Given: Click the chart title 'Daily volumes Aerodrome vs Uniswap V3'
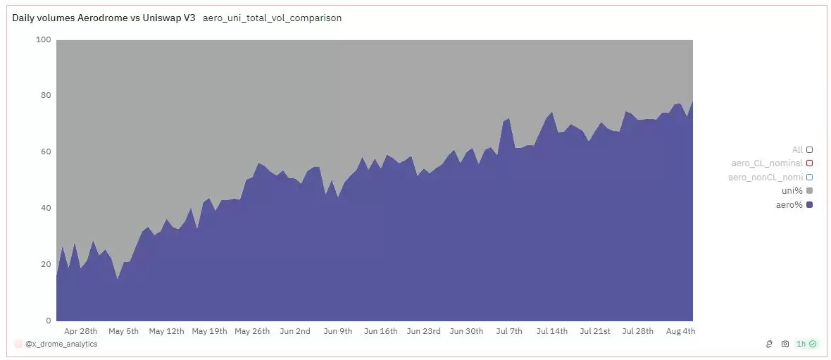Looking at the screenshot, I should pyautogui.click(x=104, y=18).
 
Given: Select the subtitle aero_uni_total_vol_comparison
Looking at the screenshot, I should pyautogui.click(x=272, y=18).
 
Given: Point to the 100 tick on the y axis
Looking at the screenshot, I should pyautogui.click(x=43, y=39).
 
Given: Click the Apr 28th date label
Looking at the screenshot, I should pyautogui.click(x=80, y=331).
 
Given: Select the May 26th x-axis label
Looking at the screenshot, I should pyautogui.click(x=252, y=331).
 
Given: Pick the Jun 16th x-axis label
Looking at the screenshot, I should pyautogui.click(x=380, y=331).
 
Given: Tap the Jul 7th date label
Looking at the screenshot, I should pyautogui.click(x=509, y=331).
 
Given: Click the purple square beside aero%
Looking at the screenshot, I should pyautogui.click(x=810, y=205).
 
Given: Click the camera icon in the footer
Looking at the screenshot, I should pyautogui.click(x=785, y=344).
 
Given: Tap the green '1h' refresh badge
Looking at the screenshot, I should pyautogui.click(x=806, y=344).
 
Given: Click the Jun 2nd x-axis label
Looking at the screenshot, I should pyautogui.click(x=294, y=331).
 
